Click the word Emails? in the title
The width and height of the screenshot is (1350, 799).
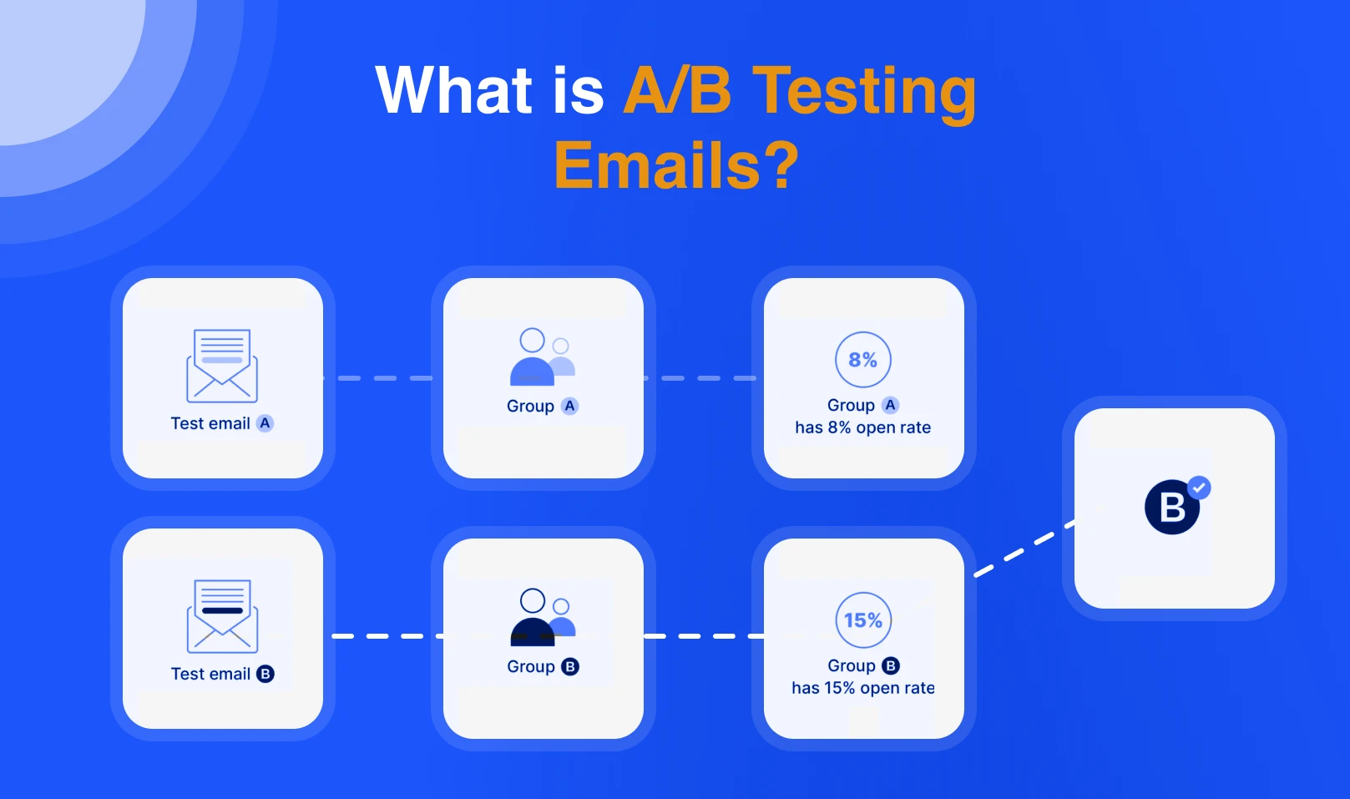(x=676, y=165)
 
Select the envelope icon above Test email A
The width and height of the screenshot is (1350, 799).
(x=222, y=366)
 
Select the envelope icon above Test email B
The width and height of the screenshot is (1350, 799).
(x=222, y=616)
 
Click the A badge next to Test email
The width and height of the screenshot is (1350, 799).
(x=265, y=423)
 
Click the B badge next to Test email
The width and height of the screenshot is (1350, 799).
(x=265, y=674)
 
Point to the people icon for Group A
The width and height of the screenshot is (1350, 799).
(x=542, y=357)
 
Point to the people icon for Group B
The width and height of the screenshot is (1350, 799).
(x=542, y=618)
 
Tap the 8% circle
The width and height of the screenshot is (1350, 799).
(x=863, y=360)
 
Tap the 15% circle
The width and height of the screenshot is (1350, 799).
(x=863, y=620)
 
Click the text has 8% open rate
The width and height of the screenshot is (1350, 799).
(x=862, y=427)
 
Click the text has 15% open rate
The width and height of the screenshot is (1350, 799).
(x=862, y=688)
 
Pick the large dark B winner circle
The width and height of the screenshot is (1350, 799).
(x=1171, y=507)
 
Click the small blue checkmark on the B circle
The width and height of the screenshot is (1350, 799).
(x=1200, y=487)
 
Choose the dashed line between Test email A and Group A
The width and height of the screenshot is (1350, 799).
(x=382, y=378)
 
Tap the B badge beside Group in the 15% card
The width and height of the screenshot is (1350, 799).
(x=891, y=665)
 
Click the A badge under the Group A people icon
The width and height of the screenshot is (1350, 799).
(x=569, y=406)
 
